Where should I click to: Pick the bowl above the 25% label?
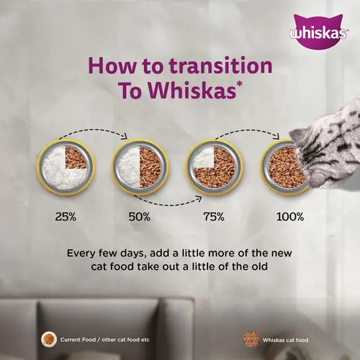point(65,166)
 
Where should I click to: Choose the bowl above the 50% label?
point(138,166)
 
